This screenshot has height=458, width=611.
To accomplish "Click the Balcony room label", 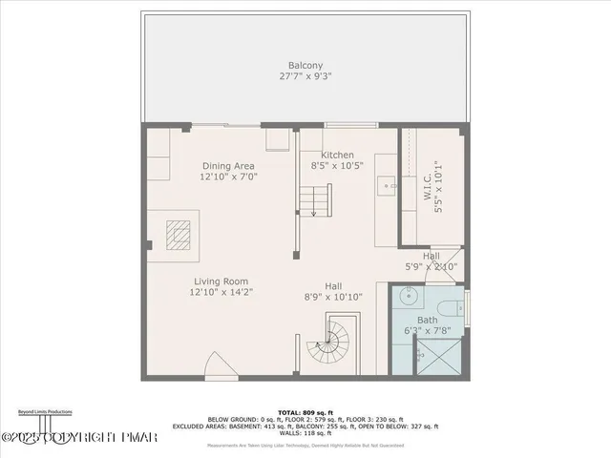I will point(305,65).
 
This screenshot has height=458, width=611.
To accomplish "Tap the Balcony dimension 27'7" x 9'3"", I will point(305,76).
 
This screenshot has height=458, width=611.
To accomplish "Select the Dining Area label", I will point(228,165).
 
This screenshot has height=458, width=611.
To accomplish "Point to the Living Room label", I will point(221,281).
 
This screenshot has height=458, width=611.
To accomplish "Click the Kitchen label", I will point(337,155).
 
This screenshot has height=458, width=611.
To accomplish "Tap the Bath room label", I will point(427,321).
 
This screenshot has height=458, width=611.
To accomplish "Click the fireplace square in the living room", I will point(179,234).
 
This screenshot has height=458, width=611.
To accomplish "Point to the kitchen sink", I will point(386,185).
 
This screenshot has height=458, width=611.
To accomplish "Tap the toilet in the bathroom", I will point(456,308).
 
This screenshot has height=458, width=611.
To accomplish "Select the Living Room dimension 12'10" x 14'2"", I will point(221,293).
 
